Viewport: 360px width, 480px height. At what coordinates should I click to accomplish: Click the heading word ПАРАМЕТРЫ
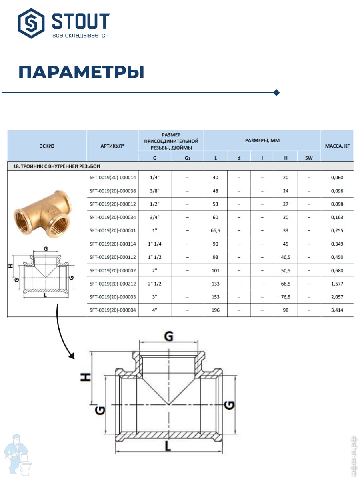81,72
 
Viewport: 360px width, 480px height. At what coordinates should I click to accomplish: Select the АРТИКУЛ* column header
112,146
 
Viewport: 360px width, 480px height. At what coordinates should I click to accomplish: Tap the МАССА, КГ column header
337,146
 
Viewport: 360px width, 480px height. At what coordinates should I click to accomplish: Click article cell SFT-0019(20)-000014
113,178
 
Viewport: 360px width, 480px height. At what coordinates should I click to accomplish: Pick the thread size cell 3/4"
155,218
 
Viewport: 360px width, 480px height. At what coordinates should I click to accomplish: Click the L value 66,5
215,231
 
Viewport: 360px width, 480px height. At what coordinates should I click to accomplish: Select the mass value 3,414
337,310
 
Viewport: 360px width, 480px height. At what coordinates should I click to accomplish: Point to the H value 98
286,310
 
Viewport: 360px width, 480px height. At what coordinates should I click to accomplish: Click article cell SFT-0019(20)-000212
113,284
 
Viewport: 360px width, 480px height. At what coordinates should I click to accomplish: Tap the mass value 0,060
337,178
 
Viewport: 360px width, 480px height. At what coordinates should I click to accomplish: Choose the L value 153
215,297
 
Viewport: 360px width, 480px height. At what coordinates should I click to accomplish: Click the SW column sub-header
309,158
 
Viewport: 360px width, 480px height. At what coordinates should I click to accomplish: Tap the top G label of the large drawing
169,337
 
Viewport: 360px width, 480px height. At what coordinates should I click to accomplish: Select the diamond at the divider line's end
276,93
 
